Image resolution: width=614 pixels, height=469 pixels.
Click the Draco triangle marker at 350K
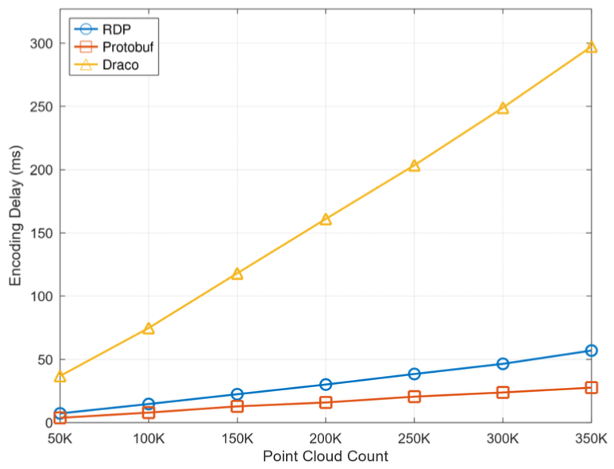click(x=591, y=47)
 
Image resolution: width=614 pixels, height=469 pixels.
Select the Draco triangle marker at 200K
click(x=326, y=219)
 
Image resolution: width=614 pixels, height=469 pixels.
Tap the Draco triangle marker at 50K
click(x=60, y=377)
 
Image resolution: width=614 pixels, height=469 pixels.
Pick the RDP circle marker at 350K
click(x=591, y=351)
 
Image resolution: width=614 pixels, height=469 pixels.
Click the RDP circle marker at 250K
click(x=414, y=374)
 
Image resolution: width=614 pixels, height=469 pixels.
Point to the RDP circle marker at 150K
click(x=237, y=394)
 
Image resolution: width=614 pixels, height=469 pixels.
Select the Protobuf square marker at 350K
click(x=591, y=388)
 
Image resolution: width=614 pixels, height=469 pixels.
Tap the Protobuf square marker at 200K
click(x=326, y=402)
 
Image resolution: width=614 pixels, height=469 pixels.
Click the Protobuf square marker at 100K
click(x=149, y=413)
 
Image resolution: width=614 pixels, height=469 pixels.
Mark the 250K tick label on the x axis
click(x=414, y=438)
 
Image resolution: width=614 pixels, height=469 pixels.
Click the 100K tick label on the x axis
click(x=149, y=438)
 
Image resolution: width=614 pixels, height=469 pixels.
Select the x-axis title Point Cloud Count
click(x=326, y=456)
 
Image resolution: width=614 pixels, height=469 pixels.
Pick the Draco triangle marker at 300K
click(x=503, y=108)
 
